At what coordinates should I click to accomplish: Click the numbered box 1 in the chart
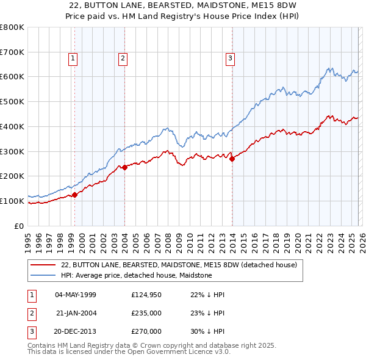pyautogui.click(x=73, y=59)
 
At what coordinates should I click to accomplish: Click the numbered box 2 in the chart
pyautogui.click(x=123, y=59)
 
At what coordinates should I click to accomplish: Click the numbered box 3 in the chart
pyautogui.click(x=231, y=59)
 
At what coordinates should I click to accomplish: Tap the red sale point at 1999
pyautogui.click(x=74, y=195)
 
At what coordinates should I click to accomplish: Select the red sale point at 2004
pyautogui.click(x=124, y=167)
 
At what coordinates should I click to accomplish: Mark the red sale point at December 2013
pyautogui.click(x=232, y=159)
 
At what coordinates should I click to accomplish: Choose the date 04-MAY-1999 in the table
pyautogui.click(x=76, y=295)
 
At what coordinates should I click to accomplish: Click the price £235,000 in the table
pyautogui.click(x=146, y=313)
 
